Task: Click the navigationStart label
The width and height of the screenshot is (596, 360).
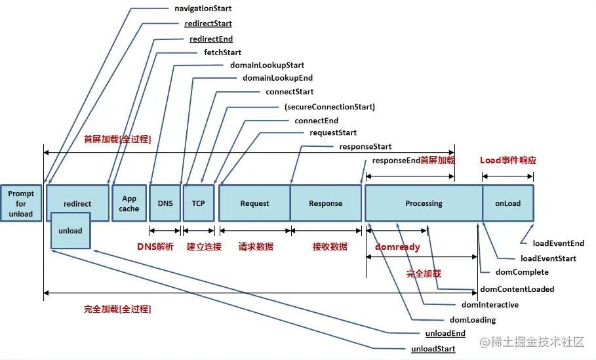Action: tap(203, 9)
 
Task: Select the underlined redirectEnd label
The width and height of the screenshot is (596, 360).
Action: tap(211, 39)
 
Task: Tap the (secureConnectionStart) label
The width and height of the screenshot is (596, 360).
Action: tap(330, 107)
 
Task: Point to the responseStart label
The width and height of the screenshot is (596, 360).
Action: tap(365, 147)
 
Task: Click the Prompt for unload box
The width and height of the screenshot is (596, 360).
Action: tap(21, 203)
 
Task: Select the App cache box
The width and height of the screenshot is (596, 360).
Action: tap(129, 203)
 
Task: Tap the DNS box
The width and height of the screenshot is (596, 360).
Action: tap(165, 203)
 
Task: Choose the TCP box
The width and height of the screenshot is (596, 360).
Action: tap(199, 203)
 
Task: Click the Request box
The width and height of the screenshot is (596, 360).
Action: tap(254, 203)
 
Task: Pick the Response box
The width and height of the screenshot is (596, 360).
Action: tap(326, 203)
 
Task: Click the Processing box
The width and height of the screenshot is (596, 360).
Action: tap(424, 203)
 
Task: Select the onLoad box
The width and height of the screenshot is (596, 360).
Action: tap(508, 203)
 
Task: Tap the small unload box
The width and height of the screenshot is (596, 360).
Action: tap(71, 231)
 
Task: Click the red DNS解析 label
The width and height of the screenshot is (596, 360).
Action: tap(155, 247)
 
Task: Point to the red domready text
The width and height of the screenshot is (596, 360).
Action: tap(397, 247)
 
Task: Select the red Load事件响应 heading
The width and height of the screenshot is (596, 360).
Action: tap(508, 160)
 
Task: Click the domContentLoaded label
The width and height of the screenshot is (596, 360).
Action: tap(517, 289)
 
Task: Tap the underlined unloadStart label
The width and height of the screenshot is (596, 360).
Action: tap(433, 349)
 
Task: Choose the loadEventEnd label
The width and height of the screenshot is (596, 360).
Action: tap(559, 243)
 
